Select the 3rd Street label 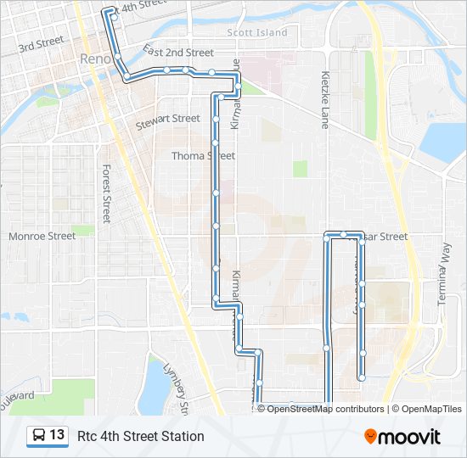tap(41, 41)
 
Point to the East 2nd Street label tap(178, 52)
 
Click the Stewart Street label tap(168, 119)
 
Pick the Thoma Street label tap(203, 156)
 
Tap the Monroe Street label tap(42, 236)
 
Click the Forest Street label tap(106, 193)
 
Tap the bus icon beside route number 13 tap(39, 436)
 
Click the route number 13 tap(58, 435)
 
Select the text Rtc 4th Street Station tap(141, 436)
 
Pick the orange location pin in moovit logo tap(371, 437)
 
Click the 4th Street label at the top tap(142, 6)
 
